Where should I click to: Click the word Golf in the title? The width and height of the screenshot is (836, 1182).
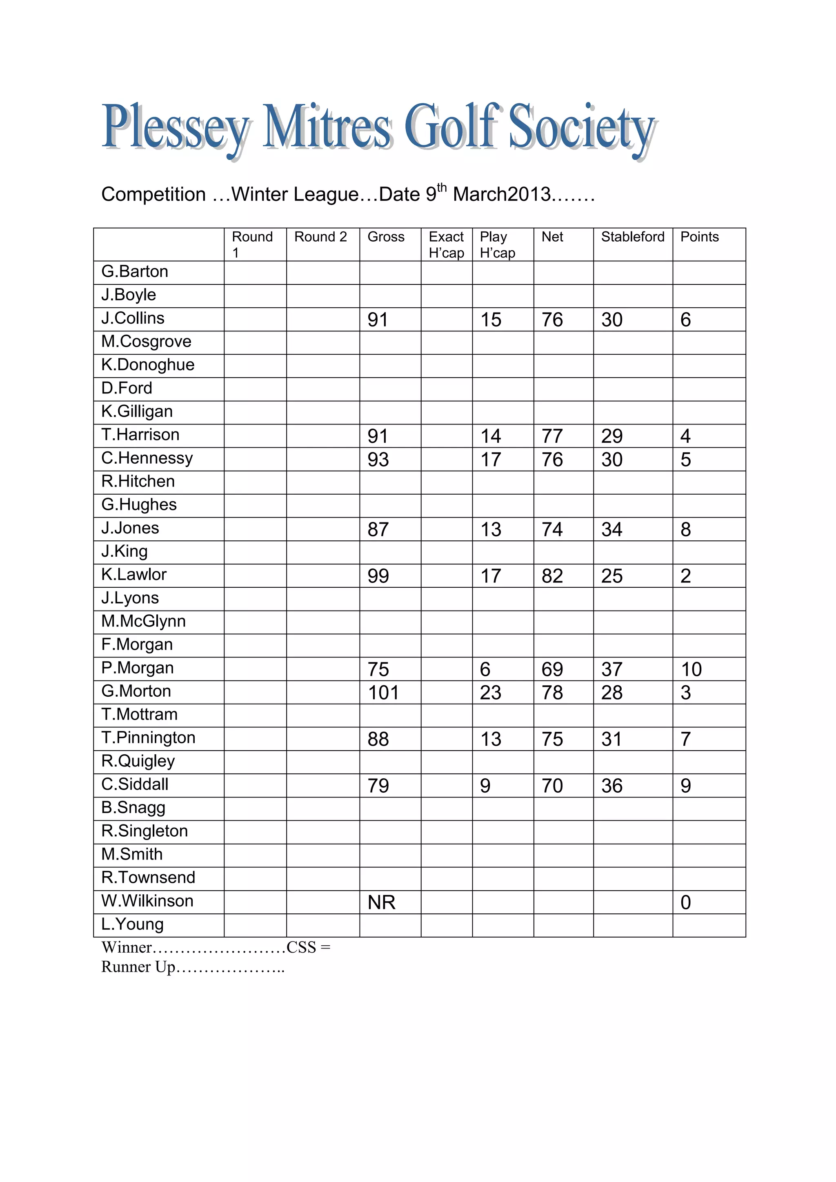click(x=452, y=126)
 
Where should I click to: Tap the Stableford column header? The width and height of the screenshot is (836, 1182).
click(x=632, y=237)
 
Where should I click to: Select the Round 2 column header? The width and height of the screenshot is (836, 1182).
click(x=320, y=237)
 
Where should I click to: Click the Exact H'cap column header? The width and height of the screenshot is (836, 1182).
click(x=446, y=244)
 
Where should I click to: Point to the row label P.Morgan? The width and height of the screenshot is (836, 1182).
click(x=138, y=668)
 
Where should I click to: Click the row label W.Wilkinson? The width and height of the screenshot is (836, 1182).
click(x=147, y=901)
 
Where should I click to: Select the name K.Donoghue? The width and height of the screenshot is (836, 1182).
click(x=148, y=364)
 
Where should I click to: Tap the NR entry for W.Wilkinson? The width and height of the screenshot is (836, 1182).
click(x=381, y=902)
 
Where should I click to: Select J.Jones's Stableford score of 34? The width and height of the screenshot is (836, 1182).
click(x=611, y=530)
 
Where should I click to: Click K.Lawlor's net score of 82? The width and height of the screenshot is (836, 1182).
click(x=552, y=576)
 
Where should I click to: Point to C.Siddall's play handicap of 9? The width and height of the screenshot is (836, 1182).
click(x=485, y=786)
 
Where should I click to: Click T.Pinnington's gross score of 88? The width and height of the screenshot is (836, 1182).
click(x=378, y=739)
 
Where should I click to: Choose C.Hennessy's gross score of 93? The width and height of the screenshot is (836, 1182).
click(x=378, y=460)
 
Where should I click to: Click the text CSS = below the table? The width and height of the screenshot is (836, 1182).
click(x=308, y=947)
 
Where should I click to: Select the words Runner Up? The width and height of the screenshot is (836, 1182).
click(x=138, y=967)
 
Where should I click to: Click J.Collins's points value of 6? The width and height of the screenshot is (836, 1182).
click(x=685, y=320)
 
